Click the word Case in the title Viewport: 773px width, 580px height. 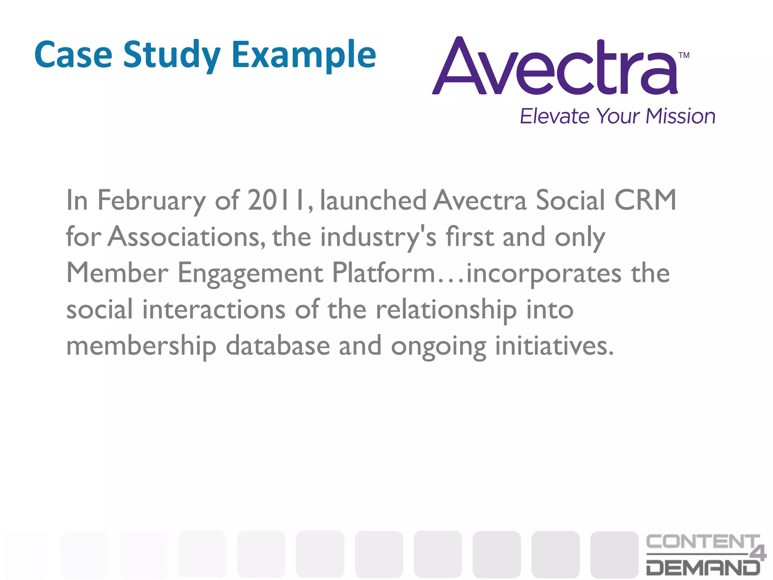coord(73,55)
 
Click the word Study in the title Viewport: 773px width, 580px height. coord(172,55)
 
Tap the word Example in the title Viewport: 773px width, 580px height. coord(304,55)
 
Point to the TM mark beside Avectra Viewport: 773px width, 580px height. coord(684,56)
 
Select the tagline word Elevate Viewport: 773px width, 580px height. coord(554,116)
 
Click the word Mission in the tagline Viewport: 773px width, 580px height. coord(680,116)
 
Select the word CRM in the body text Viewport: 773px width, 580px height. coord(645,200)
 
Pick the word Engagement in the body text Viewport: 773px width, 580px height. coord(250,273)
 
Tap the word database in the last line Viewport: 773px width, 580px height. coord(278,346)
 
